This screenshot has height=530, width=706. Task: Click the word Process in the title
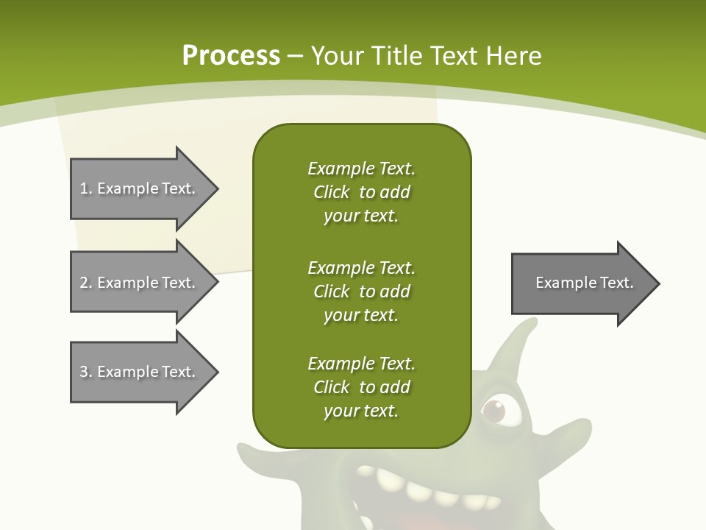click(231, 56)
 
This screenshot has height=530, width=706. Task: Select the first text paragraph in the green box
click(361, 192)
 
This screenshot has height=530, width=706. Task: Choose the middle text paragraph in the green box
click(361, 291)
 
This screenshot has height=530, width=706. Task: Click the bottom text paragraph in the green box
click(361, 387)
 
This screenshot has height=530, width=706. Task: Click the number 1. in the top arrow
click(85, 188)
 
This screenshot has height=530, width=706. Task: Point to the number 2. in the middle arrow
click(85, 283)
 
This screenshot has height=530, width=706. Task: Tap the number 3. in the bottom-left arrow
click(85, 372)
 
